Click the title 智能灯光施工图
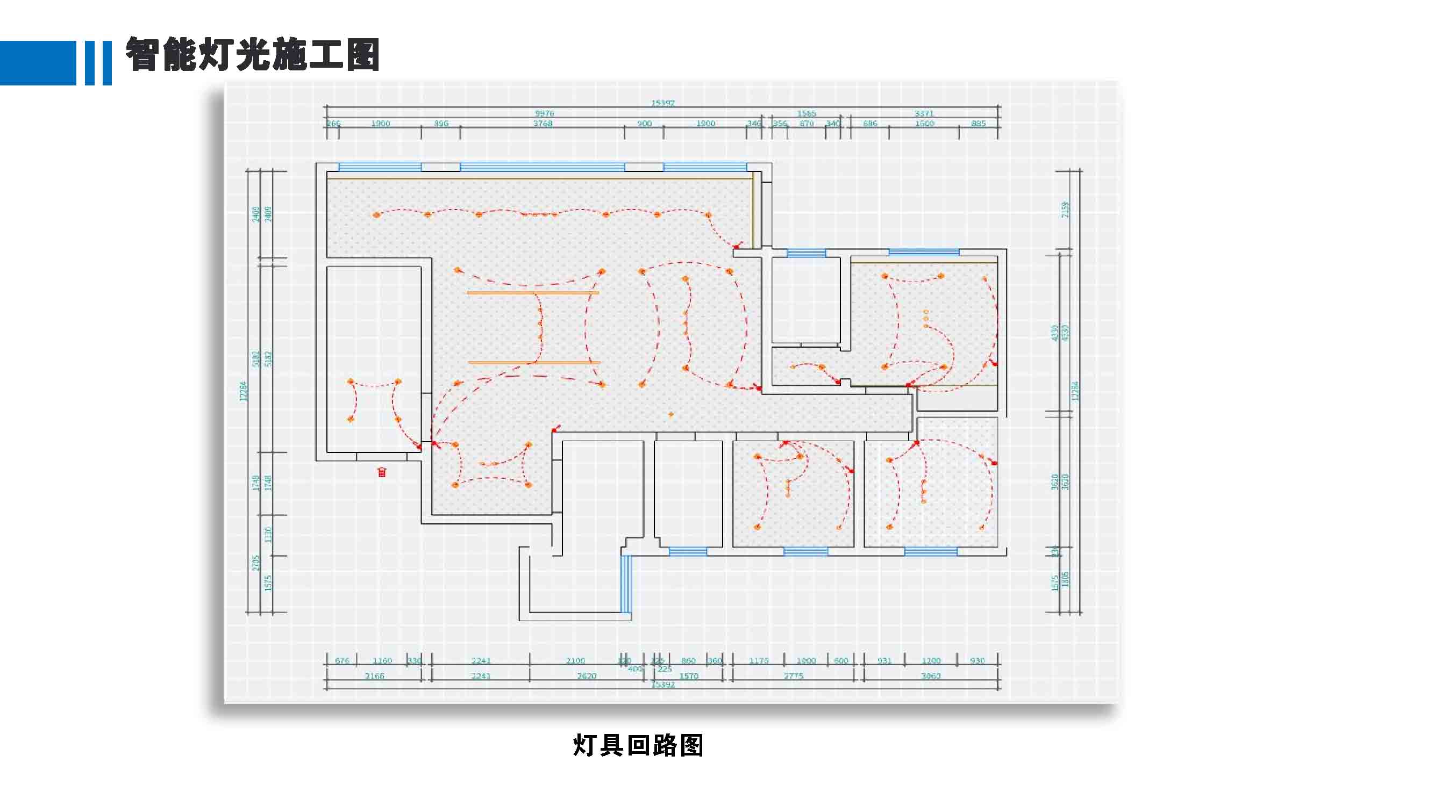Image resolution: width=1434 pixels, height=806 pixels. pos(252,54)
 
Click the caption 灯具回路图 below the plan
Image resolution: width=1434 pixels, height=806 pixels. pos(638,745)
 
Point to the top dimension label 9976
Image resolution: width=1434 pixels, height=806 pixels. pos(545,113)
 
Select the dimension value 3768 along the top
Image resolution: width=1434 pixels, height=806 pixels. pos(543,124)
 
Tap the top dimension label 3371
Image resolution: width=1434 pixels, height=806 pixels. pos(924,113)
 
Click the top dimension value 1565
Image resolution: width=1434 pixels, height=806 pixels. pos(807,113)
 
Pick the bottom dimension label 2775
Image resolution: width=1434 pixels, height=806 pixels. pos(793,676)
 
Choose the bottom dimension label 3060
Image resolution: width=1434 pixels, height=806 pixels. pos(931,676)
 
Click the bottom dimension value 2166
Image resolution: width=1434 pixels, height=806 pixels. pos(375,676)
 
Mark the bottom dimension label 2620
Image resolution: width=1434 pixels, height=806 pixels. pos(587,676)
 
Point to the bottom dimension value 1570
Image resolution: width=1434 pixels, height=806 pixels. pos(689,676)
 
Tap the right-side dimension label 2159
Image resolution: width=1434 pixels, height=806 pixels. pos(1065,210)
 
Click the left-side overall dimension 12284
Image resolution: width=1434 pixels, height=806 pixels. pos(242,391)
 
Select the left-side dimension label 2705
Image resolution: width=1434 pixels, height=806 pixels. pos(256,563)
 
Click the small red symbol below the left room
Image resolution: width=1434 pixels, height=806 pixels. pos(382,472)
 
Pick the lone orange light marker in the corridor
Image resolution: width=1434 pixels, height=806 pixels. pos(671,414)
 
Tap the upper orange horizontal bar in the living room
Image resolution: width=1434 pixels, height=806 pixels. pos(533,292)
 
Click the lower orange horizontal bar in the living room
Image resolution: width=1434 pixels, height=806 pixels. pos(534,363)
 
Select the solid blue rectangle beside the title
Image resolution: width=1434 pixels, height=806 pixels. pos(38,63)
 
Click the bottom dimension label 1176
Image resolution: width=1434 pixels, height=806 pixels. pos(758,660)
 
